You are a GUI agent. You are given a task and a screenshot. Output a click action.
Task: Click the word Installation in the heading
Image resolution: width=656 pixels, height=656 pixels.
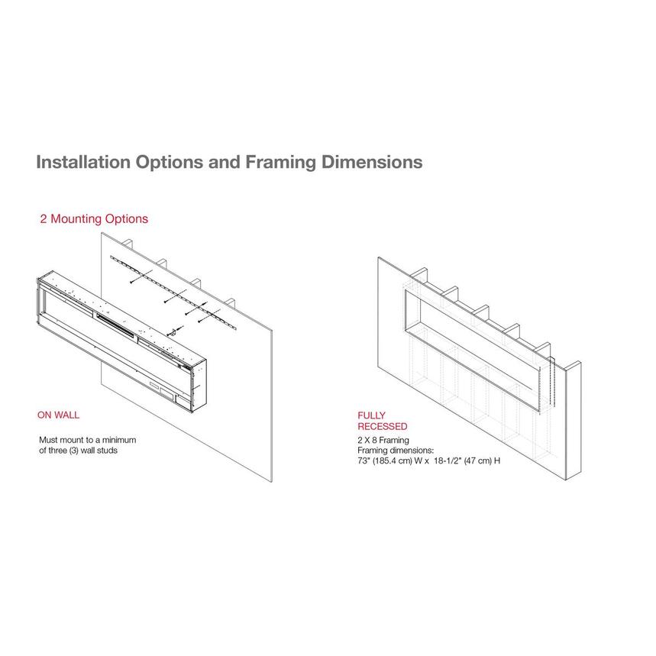click(83, 162)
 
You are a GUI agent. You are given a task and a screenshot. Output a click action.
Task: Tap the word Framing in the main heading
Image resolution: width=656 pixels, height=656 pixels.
click(280, 163)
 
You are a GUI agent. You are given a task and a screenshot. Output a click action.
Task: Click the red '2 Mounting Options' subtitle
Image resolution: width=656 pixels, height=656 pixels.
click(94, 219)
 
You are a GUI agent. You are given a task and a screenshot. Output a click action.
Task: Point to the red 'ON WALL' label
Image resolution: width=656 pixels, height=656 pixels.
click(58, 415)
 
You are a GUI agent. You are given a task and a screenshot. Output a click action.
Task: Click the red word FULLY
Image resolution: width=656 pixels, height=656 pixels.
click(371, 415)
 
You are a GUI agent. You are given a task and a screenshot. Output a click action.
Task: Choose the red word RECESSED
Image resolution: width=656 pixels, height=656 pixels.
click(383, 426)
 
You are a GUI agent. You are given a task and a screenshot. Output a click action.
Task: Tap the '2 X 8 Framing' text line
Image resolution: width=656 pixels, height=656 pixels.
click(383, 440)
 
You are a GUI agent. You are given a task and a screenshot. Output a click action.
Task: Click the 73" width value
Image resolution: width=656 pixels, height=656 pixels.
click(363, 460)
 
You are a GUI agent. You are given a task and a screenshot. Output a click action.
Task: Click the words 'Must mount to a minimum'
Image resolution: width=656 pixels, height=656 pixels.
click(87, 440)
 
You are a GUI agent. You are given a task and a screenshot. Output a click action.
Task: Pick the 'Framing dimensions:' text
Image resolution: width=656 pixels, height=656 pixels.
click(396, 450)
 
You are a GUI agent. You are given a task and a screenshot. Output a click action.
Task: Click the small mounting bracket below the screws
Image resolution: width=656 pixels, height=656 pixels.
click(172, 333)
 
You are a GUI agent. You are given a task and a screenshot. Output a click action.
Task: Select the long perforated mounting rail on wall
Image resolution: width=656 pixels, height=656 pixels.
click(173, 292)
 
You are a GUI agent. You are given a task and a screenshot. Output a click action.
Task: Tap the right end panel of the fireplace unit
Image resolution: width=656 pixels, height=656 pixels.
click(199, 384)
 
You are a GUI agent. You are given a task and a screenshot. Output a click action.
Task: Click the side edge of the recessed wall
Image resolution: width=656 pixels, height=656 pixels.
click(574, 421)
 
